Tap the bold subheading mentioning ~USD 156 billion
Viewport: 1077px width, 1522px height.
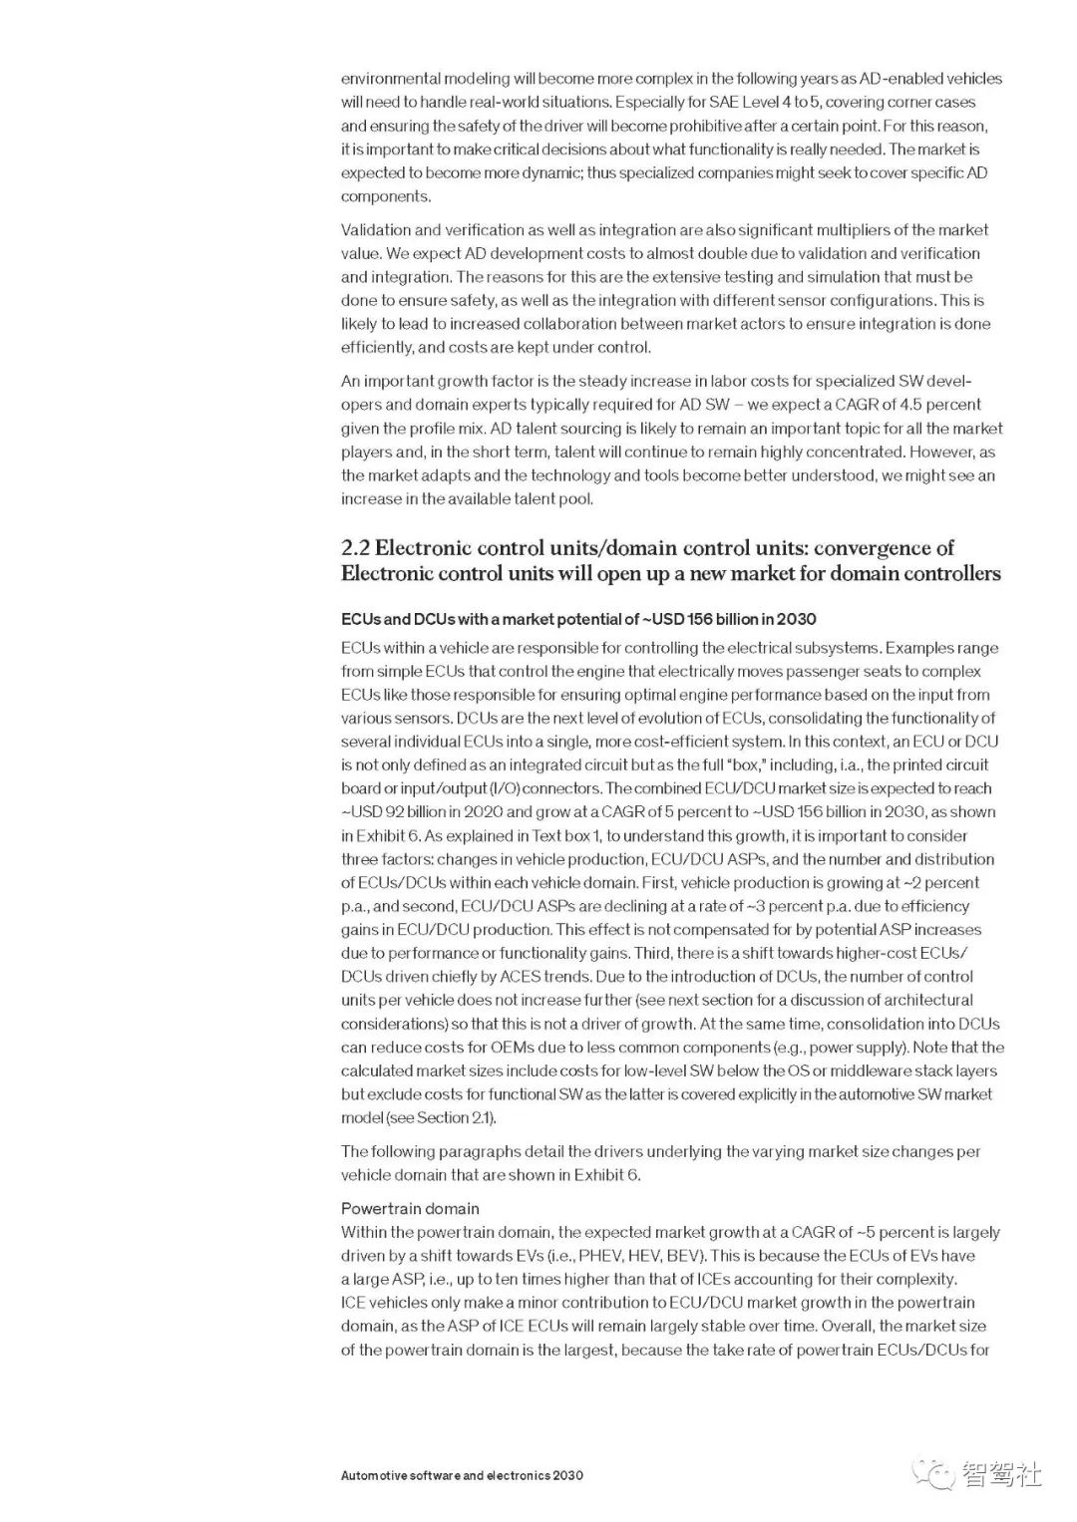click(578, 619)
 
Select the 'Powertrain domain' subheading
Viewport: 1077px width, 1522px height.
click(410, 1208)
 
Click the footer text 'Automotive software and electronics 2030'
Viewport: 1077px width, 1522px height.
click(462, 1475)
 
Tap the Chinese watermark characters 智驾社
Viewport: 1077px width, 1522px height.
click(1001, 1474)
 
